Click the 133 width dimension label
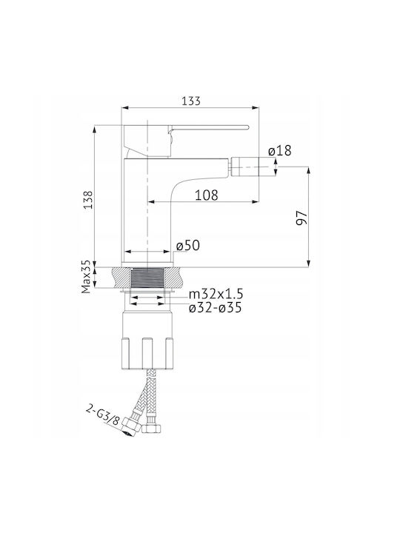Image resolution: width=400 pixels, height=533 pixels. pos(191,101)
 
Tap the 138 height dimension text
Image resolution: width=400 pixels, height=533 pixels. pos(88,200)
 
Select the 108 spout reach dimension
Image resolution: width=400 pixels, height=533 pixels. pos(207,195)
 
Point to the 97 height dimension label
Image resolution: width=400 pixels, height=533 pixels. pos(301,218)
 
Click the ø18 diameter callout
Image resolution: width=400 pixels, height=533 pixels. pos(279,150)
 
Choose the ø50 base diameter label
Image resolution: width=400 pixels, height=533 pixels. pos(188,246)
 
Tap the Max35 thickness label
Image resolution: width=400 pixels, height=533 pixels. pos(86,277)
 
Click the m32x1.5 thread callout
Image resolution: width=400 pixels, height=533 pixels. pos(216,294)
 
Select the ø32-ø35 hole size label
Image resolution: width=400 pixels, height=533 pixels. pos(216,308)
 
